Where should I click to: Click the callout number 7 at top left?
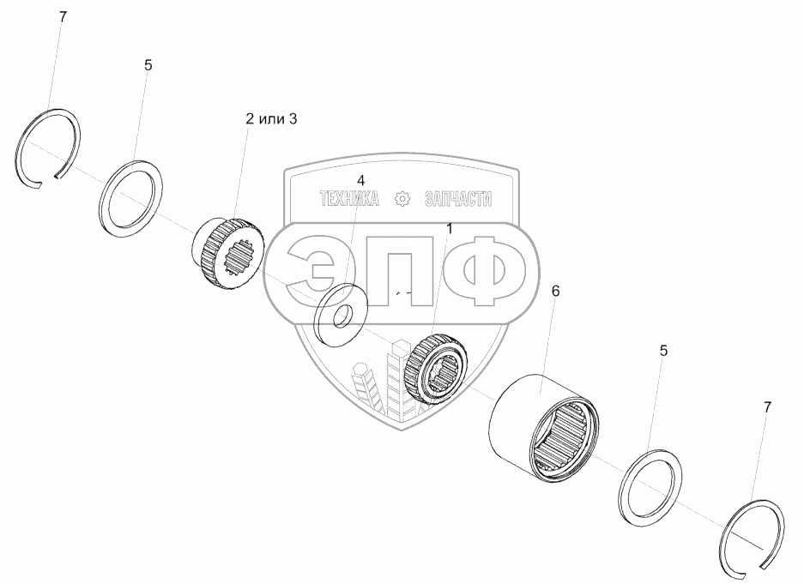coord(63,17)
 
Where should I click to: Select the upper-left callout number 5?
coord(148,65)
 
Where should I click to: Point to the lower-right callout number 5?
coord(663,351)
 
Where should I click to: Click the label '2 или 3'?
coord(271,119)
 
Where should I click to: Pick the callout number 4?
coord(361,180)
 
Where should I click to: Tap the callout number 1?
coord(449,229)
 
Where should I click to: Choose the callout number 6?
coord(555,291)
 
